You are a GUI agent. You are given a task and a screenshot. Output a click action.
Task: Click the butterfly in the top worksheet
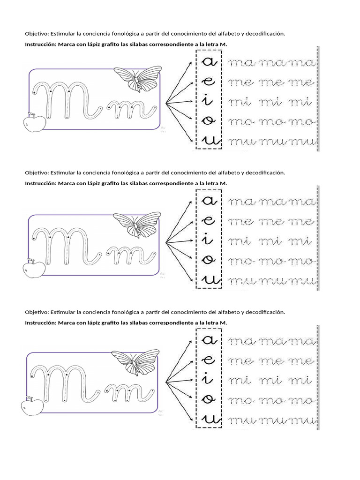[x=134, y=79]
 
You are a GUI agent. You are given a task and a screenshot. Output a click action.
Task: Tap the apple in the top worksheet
[x=34, y=123]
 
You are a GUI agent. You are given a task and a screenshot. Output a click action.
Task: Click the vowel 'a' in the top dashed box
[x=208, y=62]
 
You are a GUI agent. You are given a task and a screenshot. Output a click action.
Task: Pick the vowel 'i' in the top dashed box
[x=208, y=100]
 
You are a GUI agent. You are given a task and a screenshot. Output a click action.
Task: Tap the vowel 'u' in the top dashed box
[x=208, y=140]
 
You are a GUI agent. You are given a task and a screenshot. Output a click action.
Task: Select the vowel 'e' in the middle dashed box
[x=208, y=220]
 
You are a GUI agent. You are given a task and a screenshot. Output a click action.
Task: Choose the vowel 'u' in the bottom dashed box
[x=208, y=419]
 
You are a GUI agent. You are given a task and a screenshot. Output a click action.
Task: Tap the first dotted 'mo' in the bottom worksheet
[x=242, y=400]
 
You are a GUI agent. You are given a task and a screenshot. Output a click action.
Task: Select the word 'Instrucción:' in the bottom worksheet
[x=40, y=322]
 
